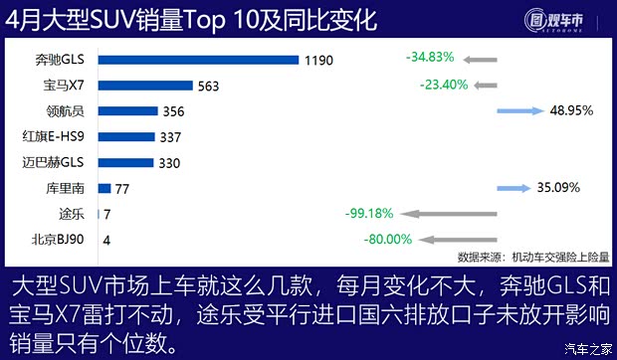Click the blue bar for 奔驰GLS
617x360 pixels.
198,60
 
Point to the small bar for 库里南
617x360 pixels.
103,187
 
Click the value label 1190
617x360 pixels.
319,60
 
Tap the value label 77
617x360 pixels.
123,187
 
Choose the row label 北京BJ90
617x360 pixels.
59,239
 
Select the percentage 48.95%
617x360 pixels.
570,110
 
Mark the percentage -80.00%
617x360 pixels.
388,239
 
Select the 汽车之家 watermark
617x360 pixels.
587,348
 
